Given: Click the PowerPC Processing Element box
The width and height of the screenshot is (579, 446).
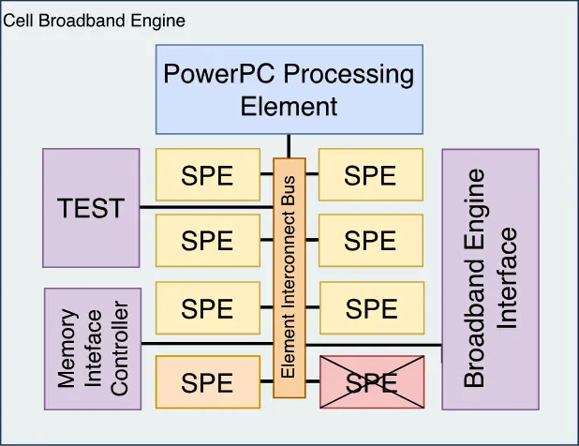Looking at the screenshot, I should coord(289,89).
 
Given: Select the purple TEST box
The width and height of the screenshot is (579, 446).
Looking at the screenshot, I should coord(91,207).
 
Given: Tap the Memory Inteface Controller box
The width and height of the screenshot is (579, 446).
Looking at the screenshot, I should coord(93,349).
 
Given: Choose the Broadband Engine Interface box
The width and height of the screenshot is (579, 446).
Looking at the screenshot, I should coord(490,278).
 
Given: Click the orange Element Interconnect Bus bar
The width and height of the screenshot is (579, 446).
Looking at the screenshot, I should coord(289,277).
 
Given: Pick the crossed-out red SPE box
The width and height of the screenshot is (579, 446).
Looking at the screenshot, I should coord(372,382).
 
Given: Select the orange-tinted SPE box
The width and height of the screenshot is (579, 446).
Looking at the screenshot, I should coord(207,382).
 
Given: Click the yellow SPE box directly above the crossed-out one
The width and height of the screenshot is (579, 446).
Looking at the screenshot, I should coord(371,307).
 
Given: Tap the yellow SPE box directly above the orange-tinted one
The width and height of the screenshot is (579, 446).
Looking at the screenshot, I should coord(207,307).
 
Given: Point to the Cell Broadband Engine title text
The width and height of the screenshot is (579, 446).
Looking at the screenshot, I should coord(95,20).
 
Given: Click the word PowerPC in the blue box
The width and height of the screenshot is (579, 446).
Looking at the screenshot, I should coord(222,74).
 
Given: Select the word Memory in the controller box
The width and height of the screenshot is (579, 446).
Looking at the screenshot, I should coord(67,349).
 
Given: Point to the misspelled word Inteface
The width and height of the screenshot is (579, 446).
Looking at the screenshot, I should coord(94,349).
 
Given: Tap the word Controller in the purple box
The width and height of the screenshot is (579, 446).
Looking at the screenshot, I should coord(119,349).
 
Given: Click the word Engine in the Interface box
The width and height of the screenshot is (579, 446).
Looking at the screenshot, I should coord(476,199).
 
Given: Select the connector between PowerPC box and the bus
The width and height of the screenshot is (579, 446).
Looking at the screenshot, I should coord(289,145).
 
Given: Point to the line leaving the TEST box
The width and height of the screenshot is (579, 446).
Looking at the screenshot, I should coord(206,207).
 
